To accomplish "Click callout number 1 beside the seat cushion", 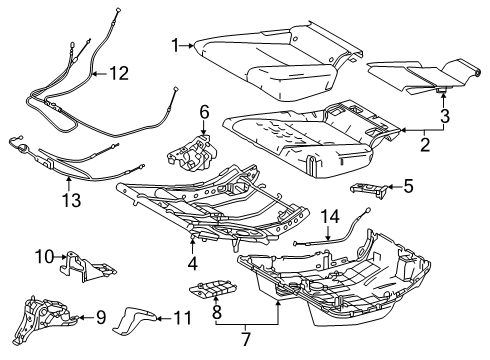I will pyautogui.click(x=175, y=45).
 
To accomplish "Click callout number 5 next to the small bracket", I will pyautogui.click(x=408, y=185).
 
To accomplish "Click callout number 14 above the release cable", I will pyautogui.click(x=329, y=216).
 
